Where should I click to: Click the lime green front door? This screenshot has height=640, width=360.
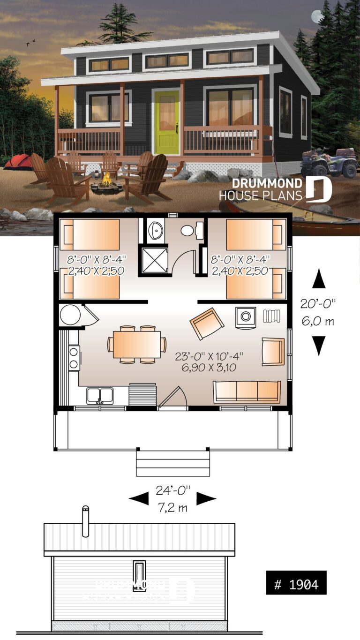click(x=167, y=122)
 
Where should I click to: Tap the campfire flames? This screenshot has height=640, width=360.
click(x=107, y=179)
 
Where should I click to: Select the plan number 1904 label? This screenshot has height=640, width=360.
click(x=296, y=585)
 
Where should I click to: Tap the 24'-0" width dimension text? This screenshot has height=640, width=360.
click(x=173, y=490)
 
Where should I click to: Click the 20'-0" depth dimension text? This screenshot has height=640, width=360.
click(x=319, y=304)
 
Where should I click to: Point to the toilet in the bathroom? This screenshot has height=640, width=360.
click(x=190, y=230)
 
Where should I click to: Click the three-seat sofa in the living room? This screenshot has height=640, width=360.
click(x=247, y=392)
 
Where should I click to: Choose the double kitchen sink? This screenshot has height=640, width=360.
click(x=100, y=396)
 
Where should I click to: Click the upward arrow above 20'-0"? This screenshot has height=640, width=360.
click(x=319, y=279)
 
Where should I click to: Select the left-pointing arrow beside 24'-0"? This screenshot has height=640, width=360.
click(x=139, y=498)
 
